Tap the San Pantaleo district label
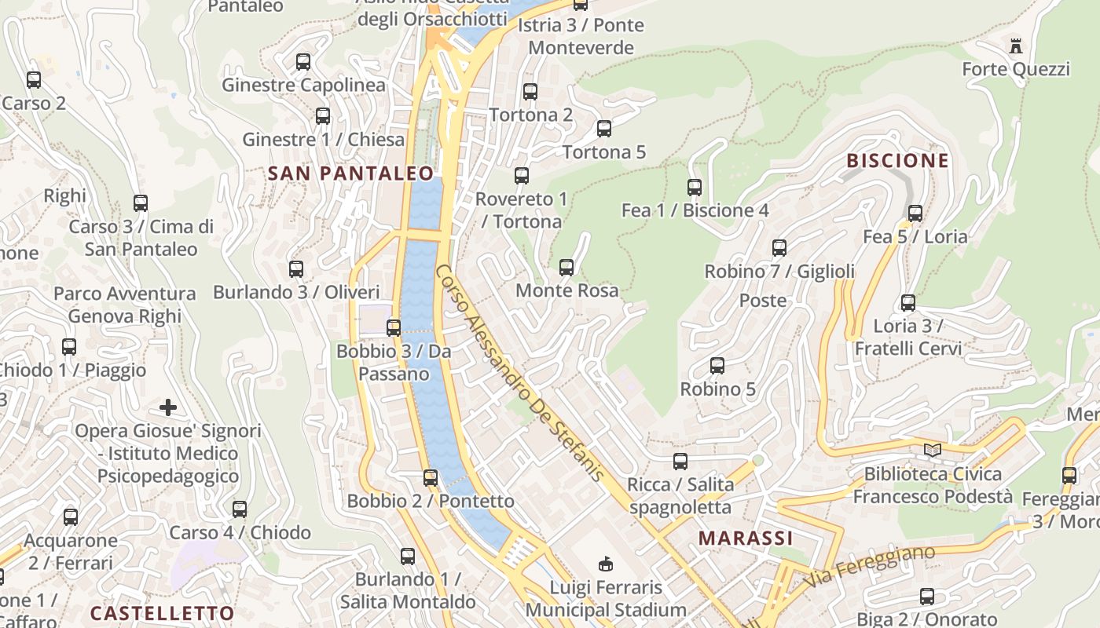click(351, 173)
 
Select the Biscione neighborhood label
click(897, 161)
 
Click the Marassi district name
click(746, 538)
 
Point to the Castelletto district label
click(162, 613)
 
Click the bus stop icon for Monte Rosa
click(566, 268)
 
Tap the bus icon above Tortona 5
click(603, 129)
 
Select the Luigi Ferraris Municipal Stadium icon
click(606, 564)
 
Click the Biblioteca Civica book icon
click(933, 451)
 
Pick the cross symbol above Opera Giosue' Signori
click(167, 407)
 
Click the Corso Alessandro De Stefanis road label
click(519, 372)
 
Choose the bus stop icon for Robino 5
click(717, 366)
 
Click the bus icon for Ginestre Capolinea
click(303, 62)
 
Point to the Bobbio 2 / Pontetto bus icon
click(431, 477)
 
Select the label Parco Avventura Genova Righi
click(125, 305)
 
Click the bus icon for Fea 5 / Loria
click(915, 214)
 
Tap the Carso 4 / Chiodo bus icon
click(240, 509)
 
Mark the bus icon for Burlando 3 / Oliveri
click(296, 269)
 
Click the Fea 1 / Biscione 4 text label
click(695, 210)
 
